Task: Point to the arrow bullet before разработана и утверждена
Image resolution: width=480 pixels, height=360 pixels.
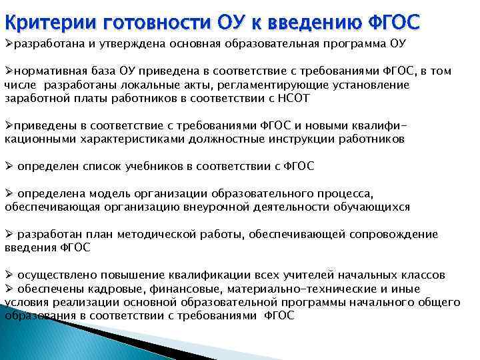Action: [9, 44]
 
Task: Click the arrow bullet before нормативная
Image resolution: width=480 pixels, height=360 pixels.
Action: [9, 71]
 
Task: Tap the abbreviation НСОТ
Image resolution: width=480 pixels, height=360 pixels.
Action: [309, 99]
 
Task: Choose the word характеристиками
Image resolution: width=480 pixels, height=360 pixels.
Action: [125, 139]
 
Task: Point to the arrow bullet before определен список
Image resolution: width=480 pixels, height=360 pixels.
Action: [9, 166]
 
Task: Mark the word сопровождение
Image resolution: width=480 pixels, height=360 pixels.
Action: [391, 234]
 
